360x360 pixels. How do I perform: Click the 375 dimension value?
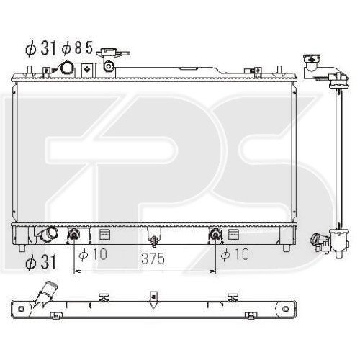(153, 258)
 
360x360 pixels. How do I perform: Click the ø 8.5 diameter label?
(77, 48)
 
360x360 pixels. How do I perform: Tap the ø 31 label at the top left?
(40, 48)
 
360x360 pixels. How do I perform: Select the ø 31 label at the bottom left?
(40, 262)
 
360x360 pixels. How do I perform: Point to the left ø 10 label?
(93, 254)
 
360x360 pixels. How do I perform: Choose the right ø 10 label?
(235, 254)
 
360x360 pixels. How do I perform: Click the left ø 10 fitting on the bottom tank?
(73, 234)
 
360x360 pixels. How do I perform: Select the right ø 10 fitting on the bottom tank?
(215, 234)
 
